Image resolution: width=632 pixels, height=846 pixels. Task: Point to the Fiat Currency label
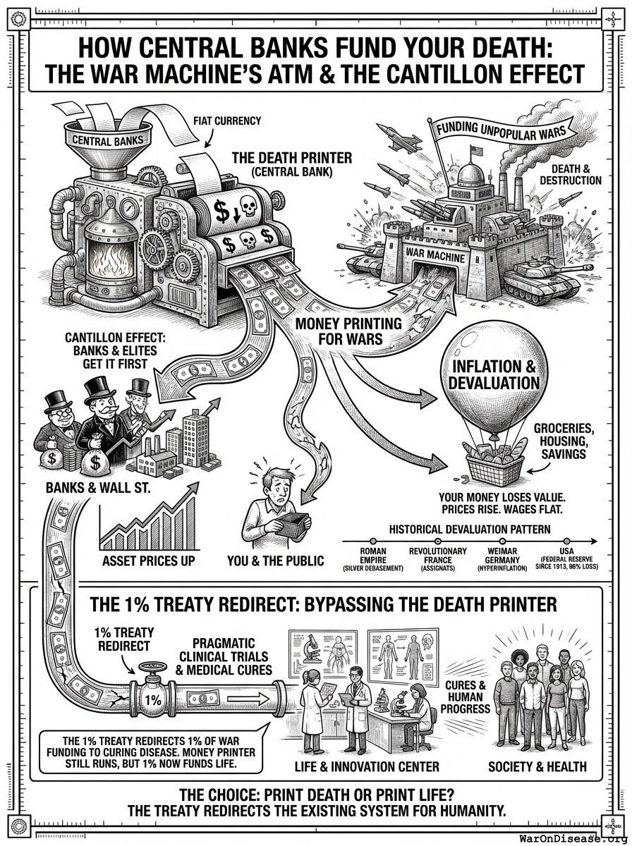coord(226,121)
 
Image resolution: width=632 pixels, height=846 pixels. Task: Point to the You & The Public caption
coord(276,560)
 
